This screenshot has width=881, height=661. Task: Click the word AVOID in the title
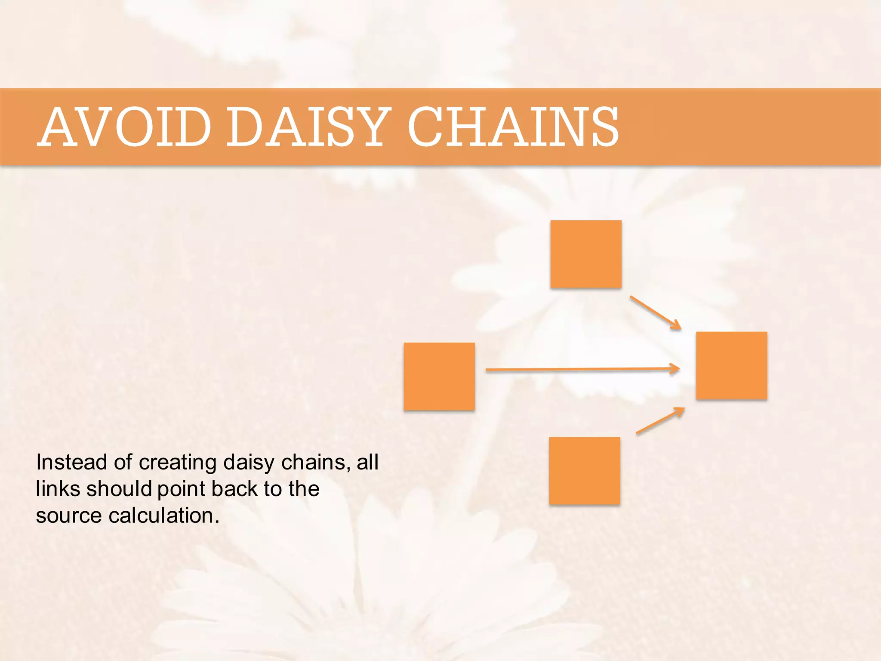[x=125, y=127]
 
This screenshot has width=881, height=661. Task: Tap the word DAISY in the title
[x=308, y=127]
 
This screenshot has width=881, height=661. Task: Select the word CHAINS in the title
[x=513, y=127]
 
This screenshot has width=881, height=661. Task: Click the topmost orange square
[x=586, y=254]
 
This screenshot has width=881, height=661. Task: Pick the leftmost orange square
[x=439, y=377]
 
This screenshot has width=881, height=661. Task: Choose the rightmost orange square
[x=732, y=365]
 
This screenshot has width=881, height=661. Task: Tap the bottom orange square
[x=585, y=471]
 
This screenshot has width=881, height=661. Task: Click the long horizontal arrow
[x=581, y=369]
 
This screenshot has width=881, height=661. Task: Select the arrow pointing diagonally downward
[x=655, y=312]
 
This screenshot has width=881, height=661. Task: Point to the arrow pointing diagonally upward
[x=660, y=420]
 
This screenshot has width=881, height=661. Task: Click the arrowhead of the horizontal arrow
[x=675, y=368]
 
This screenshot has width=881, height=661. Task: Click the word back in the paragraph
[x=234, y=489]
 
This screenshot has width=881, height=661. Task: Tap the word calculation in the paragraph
[x=164, y=516]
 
